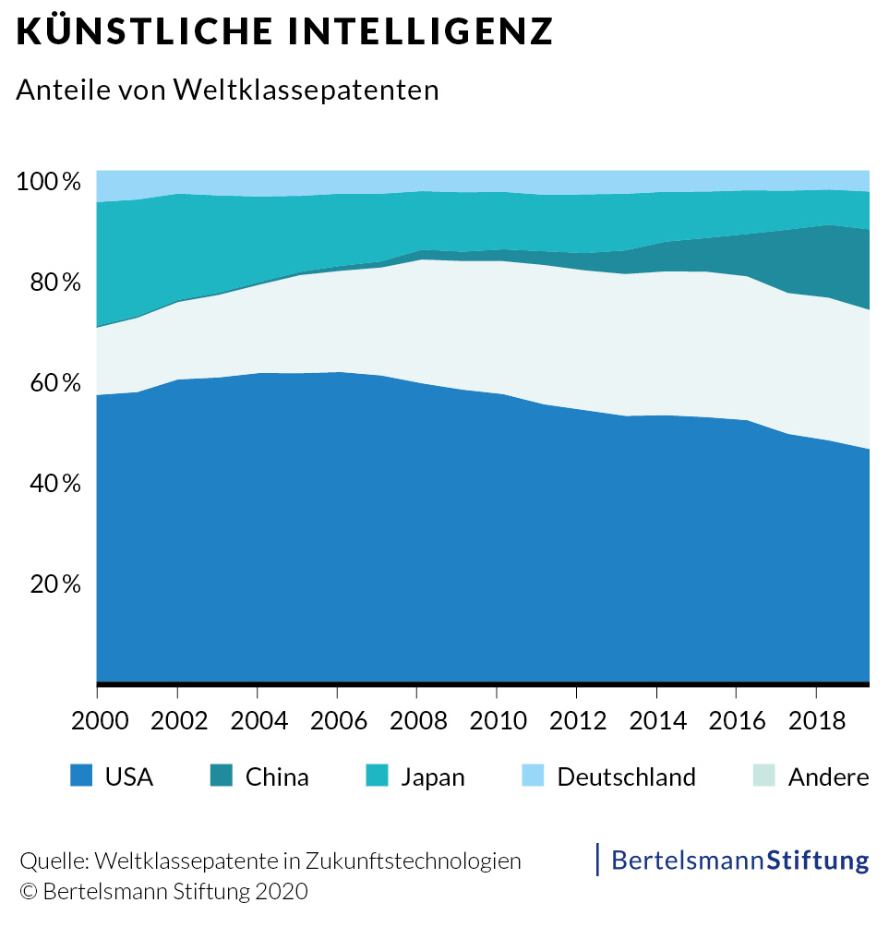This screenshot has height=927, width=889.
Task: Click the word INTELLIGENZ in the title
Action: click(x=420, y=31)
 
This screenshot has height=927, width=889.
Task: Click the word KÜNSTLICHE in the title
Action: click(x=145, y=31)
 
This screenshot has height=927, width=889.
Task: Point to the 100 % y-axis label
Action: click(x=48, y=181)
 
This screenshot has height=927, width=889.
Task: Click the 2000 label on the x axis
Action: click(x=97, y=720)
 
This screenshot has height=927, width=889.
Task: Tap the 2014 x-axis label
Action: click(x=656, y=720)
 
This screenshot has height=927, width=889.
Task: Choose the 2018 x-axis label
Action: click(x=816, y=720)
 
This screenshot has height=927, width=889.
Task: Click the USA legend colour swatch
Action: click(x=81, y=776)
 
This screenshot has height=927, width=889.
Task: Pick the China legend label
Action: click(x=277, y=777)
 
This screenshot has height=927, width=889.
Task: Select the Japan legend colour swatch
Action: click(x=378, y=776)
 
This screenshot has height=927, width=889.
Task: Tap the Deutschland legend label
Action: click(x=626, y=777)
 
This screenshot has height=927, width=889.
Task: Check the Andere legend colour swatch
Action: click(x=763, y=776)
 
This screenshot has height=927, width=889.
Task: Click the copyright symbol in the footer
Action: click(x=28, y=893)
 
